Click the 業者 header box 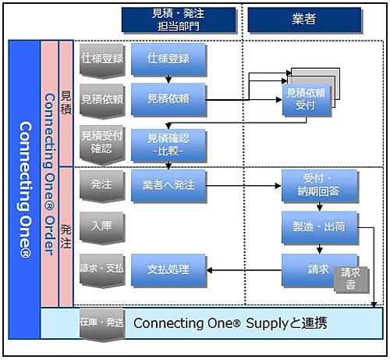click(304, 20)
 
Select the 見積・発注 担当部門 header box click(179, 20)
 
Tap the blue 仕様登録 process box click(168, 59)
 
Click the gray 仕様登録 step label click(102, 60)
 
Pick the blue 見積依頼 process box click(168, 99)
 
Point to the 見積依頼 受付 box click(306, 99)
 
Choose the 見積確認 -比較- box click(168, 145)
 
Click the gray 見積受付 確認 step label click(102, 144)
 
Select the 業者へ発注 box click(168, 186)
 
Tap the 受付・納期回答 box click(320, 186)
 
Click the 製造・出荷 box click(320, 227)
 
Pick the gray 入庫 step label click(102, 228)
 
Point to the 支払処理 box click(168, 270)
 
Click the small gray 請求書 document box click(351, 280)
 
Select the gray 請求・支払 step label click(102, 271)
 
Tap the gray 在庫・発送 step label click(102, 325)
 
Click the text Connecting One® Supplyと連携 click(230, 323)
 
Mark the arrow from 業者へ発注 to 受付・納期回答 click(243, 186)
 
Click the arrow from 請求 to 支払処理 click(244, 270)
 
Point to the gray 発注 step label click(102, 186)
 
